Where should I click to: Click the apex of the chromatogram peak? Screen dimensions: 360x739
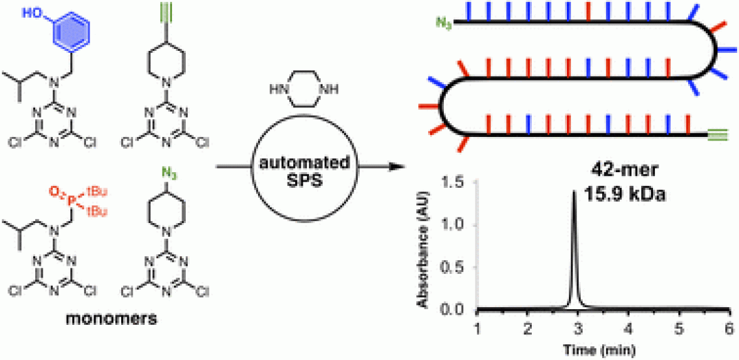(573, 192)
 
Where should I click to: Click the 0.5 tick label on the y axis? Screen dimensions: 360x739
(459, 268)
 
